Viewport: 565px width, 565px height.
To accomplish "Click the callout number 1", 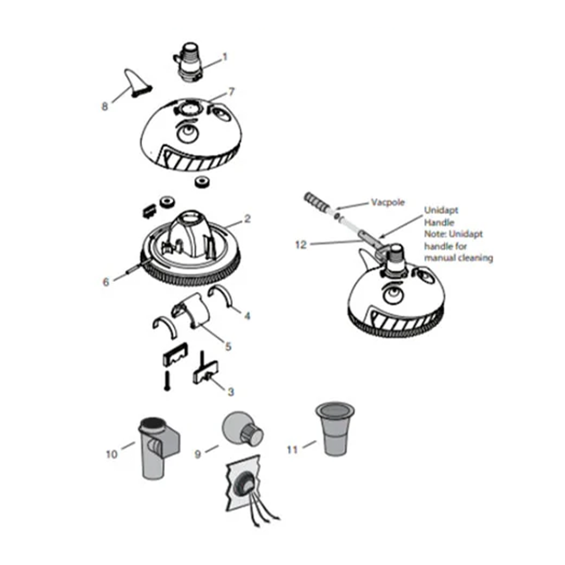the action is tap(225, 57).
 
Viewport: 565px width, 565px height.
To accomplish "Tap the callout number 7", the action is tap(231, 92).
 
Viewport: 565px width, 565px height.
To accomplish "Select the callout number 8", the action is tap(104, 107).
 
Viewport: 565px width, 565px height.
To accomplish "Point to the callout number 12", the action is tap(301, 244).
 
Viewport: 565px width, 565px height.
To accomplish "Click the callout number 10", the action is tap(111, 454).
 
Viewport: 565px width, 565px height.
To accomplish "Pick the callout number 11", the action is tap(292, 449).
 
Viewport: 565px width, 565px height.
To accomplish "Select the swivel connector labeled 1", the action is tap(188, 63).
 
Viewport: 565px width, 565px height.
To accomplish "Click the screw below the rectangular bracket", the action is tap(167, 380).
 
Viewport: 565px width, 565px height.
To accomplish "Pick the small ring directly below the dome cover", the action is tap(201, 182).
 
